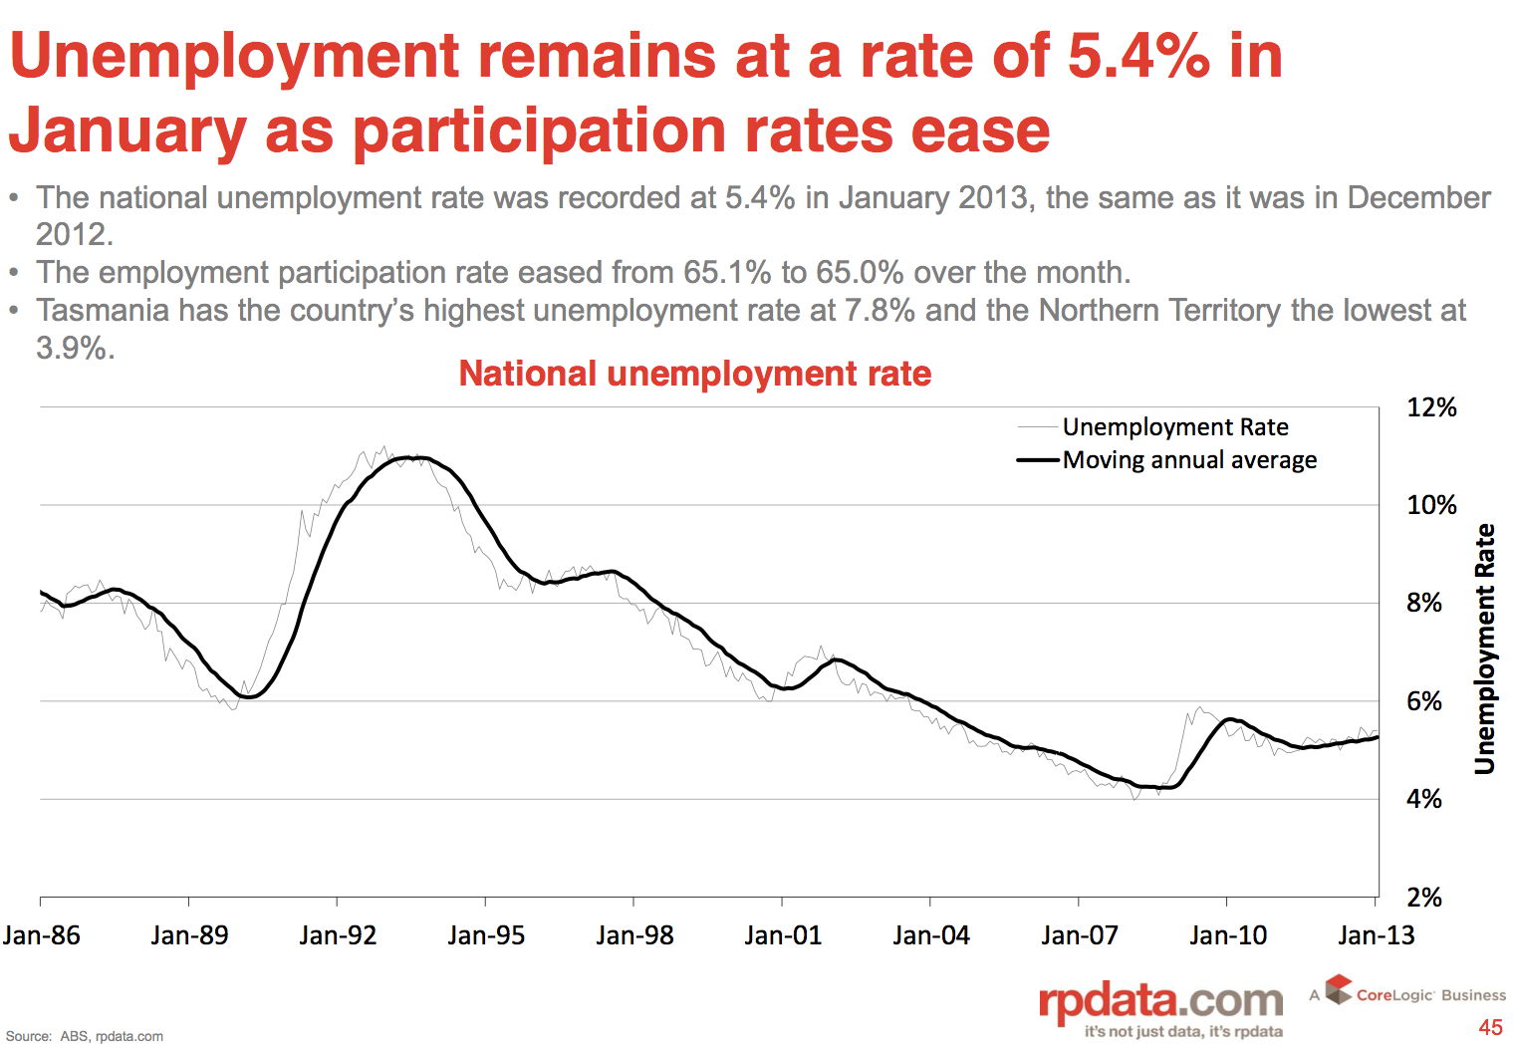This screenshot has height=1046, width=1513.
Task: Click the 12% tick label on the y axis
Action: point(1430,407)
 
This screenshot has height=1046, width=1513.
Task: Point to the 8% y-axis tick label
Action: point(1424,603)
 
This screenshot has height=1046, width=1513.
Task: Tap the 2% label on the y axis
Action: point(1424,898)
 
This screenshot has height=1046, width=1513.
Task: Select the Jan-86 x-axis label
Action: point(41,935)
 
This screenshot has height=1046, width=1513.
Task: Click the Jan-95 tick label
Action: point(486,935)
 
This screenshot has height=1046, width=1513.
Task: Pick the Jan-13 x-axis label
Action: point(1376,935)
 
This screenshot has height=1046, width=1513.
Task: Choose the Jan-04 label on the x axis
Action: point(931,935)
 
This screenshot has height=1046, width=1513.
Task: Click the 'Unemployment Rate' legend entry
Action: point(1175,427)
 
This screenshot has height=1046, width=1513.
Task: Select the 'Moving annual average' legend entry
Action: point(1189,460)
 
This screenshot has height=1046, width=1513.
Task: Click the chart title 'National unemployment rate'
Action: point(694,374)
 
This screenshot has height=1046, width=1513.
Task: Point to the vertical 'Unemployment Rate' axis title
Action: point(1484,649)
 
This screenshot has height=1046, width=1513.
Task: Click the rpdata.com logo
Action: point(1160,1001)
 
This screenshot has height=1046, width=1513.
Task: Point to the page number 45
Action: point(1490,1027)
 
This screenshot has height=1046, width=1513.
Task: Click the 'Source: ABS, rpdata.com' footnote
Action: point(85,1036)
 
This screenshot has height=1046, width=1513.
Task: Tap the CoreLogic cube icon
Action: point(1339,989)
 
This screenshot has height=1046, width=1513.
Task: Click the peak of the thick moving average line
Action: point(416,457)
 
